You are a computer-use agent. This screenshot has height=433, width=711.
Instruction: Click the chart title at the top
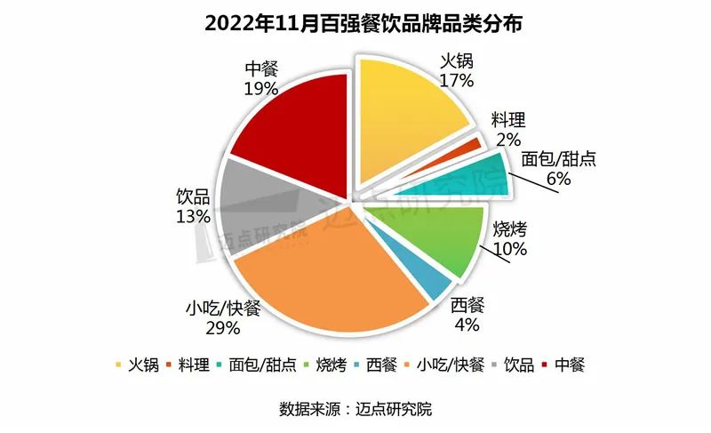pos(355,24)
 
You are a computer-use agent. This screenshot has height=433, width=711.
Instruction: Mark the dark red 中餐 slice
pos(293,133)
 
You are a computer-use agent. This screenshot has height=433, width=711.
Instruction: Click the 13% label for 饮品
pos(193,216)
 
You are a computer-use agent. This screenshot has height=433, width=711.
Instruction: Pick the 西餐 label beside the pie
pos(468,306)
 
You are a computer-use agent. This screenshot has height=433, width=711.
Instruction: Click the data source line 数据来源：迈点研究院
pos(355,409)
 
